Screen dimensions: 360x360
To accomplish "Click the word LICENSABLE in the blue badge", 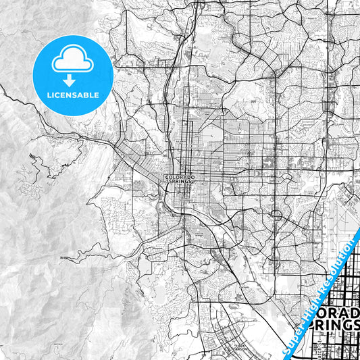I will click(x=72, y=95).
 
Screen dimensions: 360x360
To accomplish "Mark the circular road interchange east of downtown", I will click(x=276, y=215).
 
